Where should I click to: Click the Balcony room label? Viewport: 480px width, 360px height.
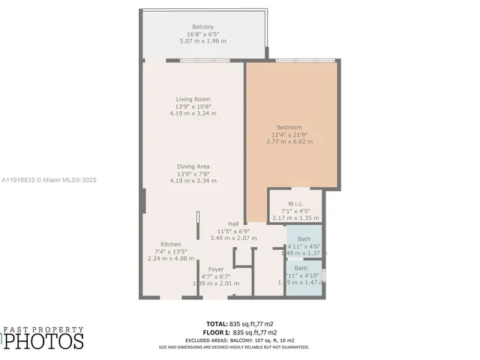tap(202, 27)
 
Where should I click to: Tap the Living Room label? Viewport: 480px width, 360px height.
tap(193, 99)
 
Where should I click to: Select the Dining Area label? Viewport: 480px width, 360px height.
tap(193, 166)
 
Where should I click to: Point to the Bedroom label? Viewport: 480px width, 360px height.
tap(288, 127)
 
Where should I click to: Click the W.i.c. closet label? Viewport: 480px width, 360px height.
tap(295, 203)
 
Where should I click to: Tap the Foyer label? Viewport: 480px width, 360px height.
tap(216, 269)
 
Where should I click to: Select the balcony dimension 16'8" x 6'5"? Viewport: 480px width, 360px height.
tap(202, 34)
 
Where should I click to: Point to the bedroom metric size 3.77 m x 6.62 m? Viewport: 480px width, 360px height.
tap(288, 141)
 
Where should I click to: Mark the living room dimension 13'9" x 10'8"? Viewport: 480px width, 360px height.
tap(193, 106)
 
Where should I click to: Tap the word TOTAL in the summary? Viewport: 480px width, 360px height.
tap(217, 324)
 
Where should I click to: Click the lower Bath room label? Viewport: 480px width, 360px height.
tap(301, 268)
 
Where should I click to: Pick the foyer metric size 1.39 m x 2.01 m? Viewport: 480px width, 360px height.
tap(216, 283)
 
